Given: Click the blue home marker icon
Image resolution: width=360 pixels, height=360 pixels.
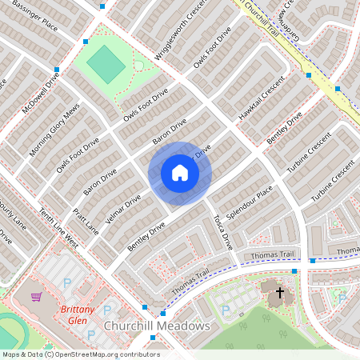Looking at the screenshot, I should [179, 173].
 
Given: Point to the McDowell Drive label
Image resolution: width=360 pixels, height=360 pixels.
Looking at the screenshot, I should [41, 93].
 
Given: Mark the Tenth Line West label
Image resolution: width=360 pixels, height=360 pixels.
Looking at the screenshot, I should [59, 228].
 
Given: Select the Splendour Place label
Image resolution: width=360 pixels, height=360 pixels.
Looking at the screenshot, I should [250, 204].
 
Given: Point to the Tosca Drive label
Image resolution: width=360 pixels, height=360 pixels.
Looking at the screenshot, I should [222, 231].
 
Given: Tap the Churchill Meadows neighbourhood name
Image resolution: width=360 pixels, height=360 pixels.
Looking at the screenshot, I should [157, 326].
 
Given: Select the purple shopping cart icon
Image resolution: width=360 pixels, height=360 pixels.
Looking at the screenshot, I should [35, 297].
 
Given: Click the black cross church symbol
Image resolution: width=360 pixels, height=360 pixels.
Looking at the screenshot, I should [280, 293].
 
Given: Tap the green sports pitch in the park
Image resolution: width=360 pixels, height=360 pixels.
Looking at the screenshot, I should [102, 62].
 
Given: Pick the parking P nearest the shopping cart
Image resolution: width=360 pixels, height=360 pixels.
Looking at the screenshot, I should [66, 282].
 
